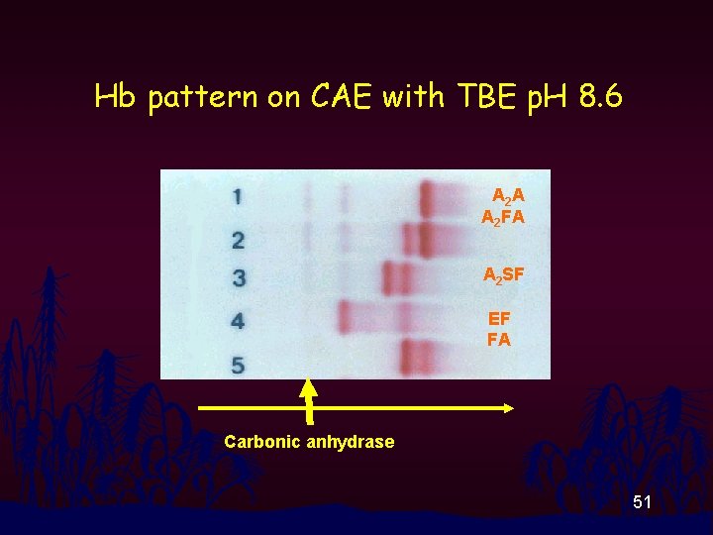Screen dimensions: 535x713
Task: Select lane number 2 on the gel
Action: click(238, 240)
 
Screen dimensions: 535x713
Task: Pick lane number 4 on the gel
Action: click(238, 321)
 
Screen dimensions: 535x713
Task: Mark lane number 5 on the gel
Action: click(238, 366)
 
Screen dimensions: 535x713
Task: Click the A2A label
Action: click(508, 197)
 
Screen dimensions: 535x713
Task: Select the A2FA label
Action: click(503, 218)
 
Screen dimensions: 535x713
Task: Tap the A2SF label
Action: click(503, 276)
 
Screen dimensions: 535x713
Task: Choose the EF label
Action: click(499, 319)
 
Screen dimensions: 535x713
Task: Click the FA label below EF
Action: click(499, 339)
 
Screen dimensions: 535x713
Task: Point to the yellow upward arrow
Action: click(309, 401)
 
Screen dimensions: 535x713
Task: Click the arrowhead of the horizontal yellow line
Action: click(509, 407)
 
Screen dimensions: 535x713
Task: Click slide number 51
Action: click(643, 503)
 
